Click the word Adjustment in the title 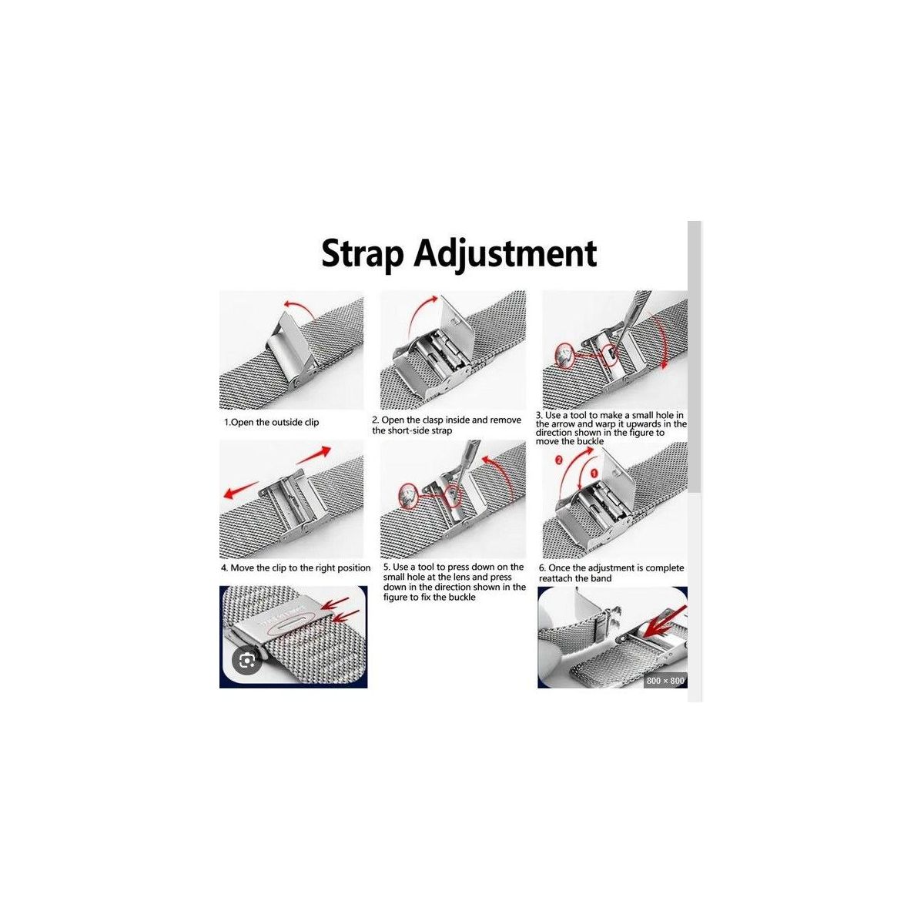pos(505,254)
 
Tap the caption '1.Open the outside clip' pos(271,423)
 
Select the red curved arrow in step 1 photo pos(298,307)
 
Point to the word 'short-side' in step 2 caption pos(410,430)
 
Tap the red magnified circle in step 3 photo pos(564,357)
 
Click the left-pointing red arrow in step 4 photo pos(242,490)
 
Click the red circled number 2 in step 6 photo pos(558,460)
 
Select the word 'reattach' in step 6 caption pos(556,579)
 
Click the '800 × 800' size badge pos(665,681)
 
